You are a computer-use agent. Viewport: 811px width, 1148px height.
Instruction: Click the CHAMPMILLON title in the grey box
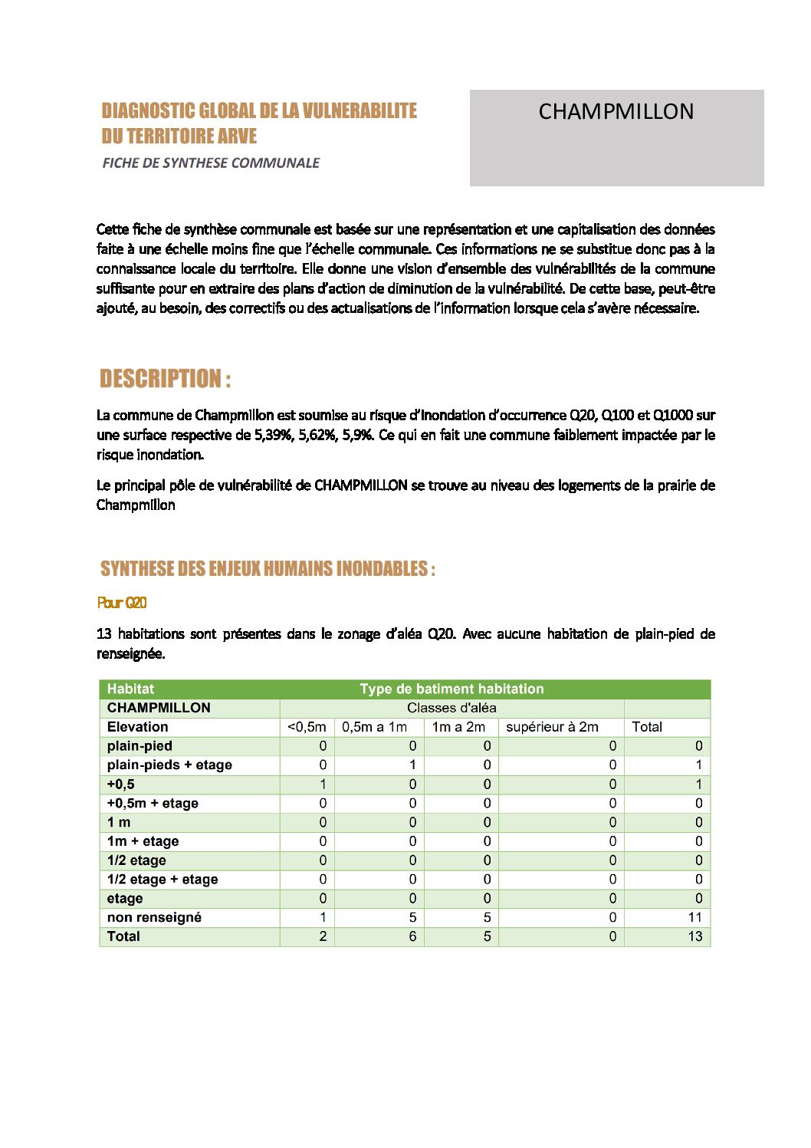click(616, 112)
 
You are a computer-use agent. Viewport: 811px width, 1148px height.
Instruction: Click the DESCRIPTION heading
click(165, 379)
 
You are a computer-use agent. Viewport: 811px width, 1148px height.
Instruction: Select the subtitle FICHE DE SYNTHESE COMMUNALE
click(211, 163)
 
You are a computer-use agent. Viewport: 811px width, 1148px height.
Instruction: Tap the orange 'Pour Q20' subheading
click(122, 603)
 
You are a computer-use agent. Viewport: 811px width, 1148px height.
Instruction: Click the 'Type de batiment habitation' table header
click(451, 689)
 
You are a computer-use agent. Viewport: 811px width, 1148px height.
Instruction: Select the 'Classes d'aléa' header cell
click(451, 708)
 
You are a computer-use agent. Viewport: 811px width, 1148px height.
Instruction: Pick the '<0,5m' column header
click(307, 727)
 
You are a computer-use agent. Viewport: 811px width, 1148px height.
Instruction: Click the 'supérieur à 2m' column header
click(552, 727)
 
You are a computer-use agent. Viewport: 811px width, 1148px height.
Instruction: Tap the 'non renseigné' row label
click(154, 917)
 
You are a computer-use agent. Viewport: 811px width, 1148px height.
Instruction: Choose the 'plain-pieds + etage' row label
click(169, 765)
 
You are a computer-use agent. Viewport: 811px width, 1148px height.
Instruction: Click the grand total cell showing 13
click(694, 936)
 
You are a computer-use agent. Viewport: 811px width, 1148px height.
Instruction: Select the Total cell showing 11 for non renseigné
click(694, 917)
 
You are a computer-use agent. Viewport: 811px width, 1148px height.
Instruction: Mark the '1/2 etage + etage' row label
click(163, 880)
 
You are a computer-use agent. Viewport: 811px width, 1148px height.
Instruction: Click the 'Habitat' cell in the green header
click(130, 689)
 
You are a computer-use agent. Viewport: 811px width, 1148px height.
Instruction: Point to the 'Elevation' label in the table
click(137, 727)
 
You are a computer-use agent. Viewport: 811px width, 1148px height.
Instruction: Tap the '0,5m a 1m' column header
click(374, 727)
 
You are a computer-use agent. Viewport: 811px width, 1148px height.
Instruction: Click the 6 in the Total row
click(412, 936)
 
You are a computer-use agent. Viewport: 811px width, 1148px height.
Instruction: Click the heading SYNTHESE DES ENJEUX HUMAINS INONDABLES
click(268, 569)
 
